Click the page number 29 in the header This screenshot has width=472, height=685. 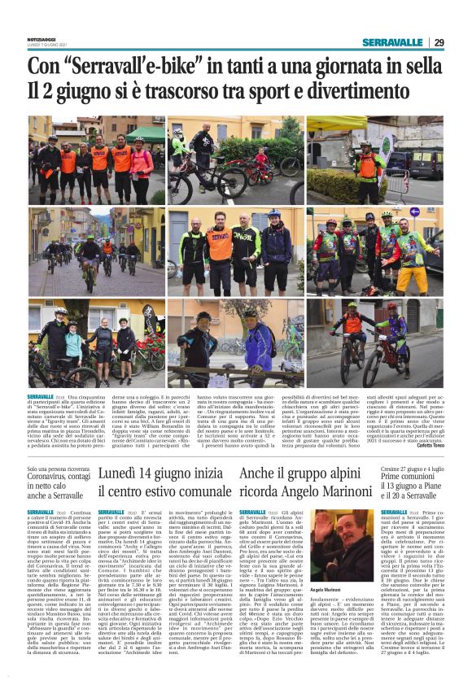pos(439,42)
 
